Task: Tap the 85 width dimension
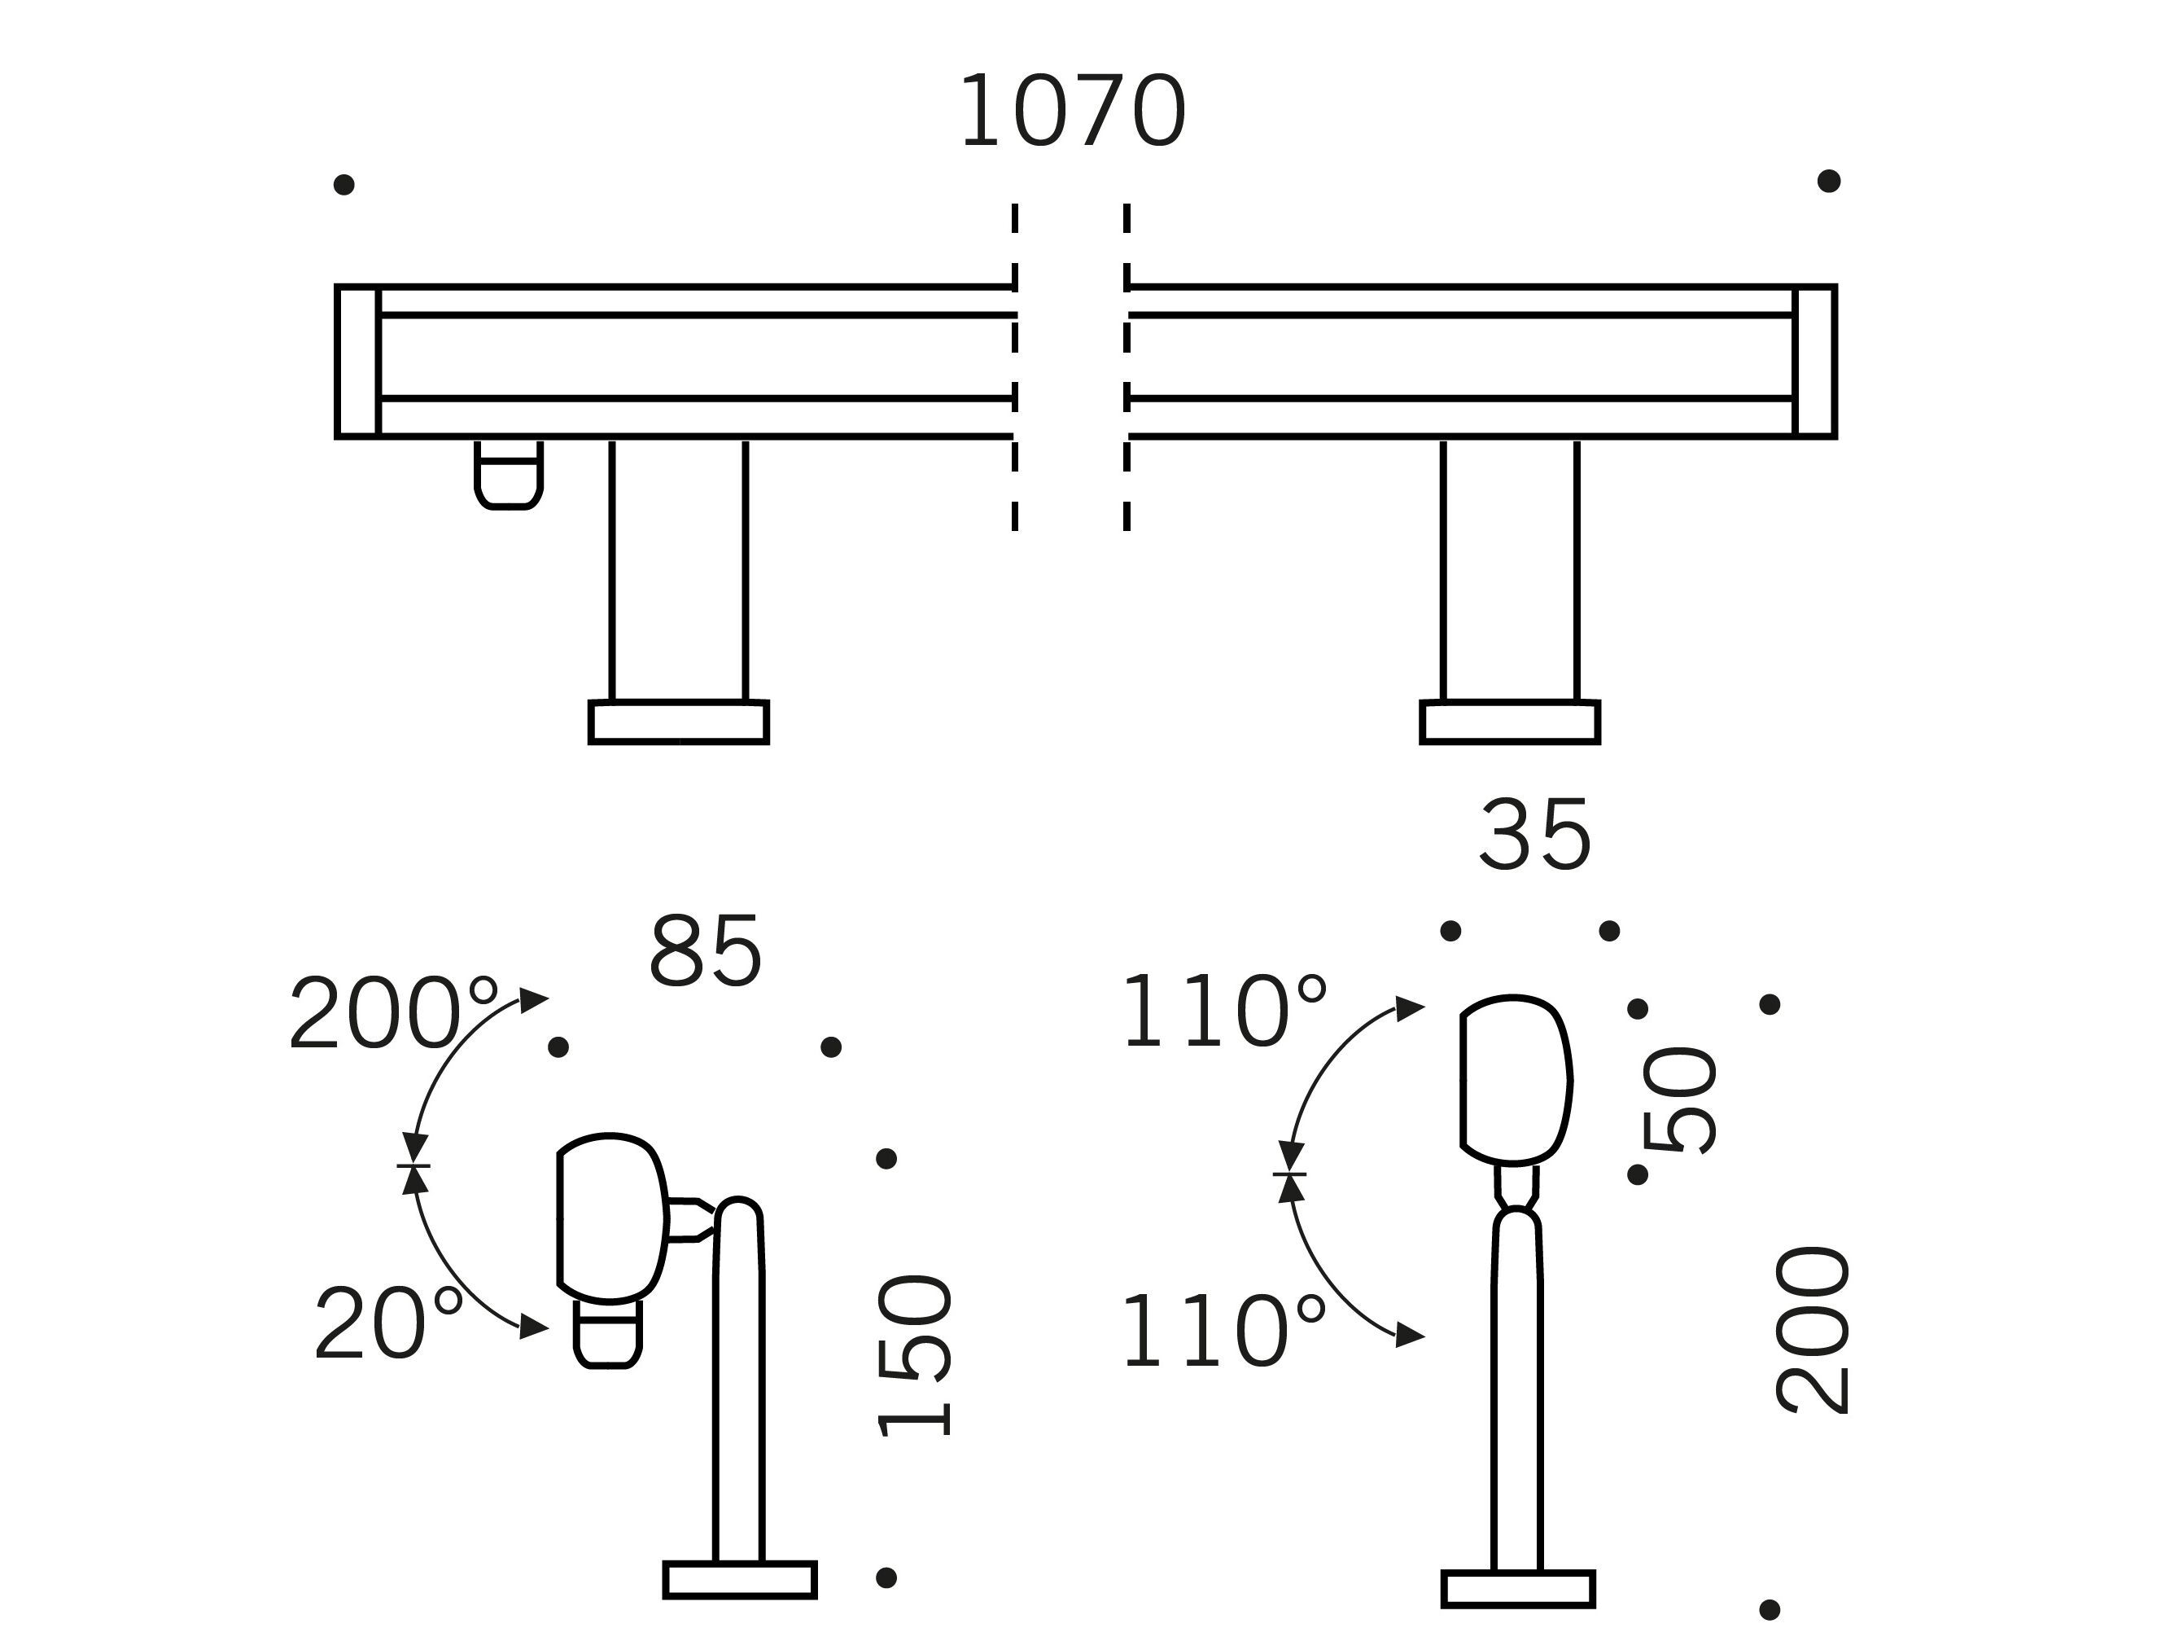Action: [x=706, y=951]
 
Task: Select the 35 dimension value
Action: [x=1535, y=834]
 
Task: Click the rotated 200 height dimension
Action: [x=1813, y=1330]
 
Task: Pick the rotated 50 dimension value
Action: [x=1678, y=1100]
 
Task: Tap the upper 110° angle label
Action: [x=1224, y=1010]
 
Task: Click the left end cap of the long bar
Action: [x=357, y=361]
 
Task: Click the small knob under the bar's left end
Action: [x=508, y=475]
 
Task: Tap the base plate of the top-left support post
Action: [x=679, y=722]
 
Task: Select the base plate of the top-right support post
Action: [x=1511, y=722]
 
